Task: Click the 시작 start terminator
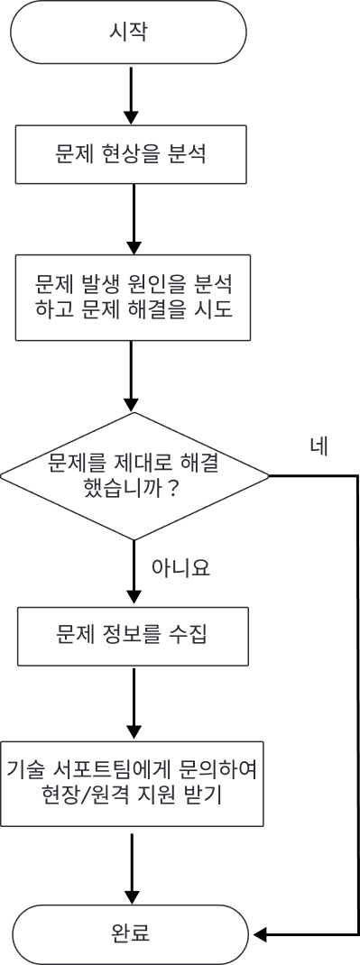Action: coord(128,32)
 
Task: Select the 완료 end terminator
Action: coord(130,933)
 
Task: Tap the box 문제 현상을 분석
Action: coord(131,154)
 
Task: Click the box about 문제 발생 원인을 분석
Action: coord(133,298)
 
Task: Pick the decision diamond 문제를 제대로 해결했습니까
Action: coord(134,476)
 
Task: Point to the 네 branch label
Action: coord(318,446)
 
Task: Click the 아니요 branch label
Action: coord(180,567)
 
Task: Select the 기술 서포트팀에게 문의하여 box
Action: coord(132,783)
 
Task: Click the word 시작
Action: coord(128,32)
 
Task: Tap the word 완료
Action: coord(130,933)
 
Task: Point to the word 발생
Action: coord(101,285)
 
